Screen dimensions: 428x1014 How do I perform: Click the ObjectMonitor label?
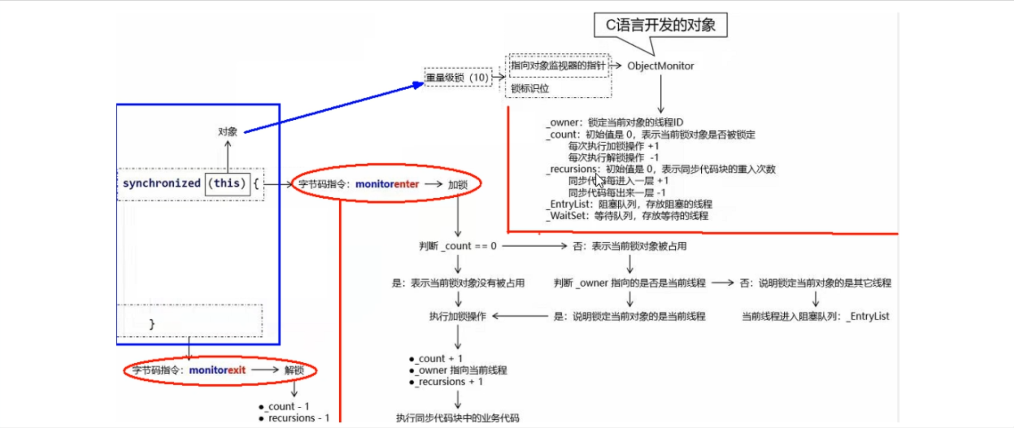pyautogui.click(x=660, y=66)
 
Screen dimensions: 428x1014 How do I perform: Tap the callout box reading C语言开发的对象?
pyautogui.click(x=660, y=25)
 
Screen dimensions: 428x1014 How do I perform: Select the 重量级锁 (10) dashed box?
pyautogui.click(x=458, y=77)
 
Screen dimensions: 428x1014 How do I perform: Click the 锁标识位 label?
pyautogui.click(x=530, y=89)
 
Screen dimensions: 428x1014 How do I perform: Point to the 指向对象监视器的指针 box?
pyautogui.click(x=558, y=66)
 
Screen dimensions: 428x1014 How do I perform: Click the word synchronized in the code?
pyautogui.click(x=161, y=183)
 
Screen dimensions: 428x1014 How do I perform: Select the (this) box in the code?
pyautogui.click(x=227, y=183)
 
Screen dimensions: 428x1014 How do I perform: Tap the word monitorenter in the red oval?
pyautogui.click(x=387, y=184)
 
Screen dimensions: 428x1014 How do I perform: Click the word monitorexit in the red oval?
pyautogui.click(x=217, y=370)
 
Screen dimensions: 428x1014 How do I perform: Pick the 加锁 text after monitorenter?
pyautogui.click(x=458, y=184)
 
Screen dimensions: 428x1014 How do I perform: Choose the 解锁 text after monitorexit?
pyautogui.click(x=294, y=370)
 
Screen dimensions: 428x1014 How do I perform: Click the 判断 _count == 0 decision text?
pyautogui.click(x=458, y=246)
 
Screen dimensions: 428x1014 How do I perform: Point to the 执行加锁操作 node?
pyautogui.click(x=458, y=316)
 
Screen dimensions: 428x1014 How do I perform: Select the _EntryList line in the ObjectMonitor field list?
pyautogui.click(x=628, y=204)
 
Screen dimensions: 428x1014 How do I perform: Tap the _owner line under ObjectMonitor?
pyautogui.click(x=614, y=123)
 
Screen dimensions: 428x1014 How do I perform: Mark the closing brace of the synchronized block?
pyautogui.click(x=152, y=324)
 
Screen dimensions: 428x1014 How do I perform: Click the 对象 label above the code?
pyautogui.click(x=227, y=132)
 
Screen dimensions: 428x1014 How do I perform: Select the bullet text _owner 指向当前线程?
pyautogui.click(x=461, y=370)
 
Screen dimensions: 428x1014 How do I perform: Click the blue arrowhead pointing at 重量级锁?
pyautogui.click(x=418, y=85)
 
